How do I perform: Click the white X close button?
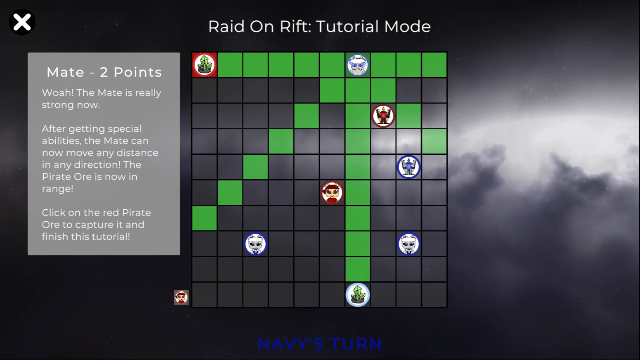22,22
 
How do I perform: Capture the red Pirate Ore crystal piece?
205,64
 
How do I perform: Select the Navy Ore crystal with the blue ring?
357,295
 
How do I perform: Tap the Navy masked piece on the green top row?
357,64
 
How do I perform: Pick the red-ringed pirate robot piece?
383,116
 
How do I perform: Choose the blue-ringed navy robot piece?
409,167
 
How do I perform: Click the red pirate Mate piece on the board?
332,192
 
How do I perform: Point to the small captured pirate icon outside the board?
181,297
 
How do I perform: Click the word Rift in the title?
295,26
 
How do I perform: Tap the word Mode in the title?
407,26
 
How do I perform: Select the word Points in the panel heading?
137,72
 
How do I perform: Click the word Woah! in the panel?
58,93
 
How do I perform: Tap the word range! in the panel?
57,189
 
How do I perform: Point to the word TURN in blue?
356,344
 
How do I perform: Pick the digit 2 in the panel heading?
104,72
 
